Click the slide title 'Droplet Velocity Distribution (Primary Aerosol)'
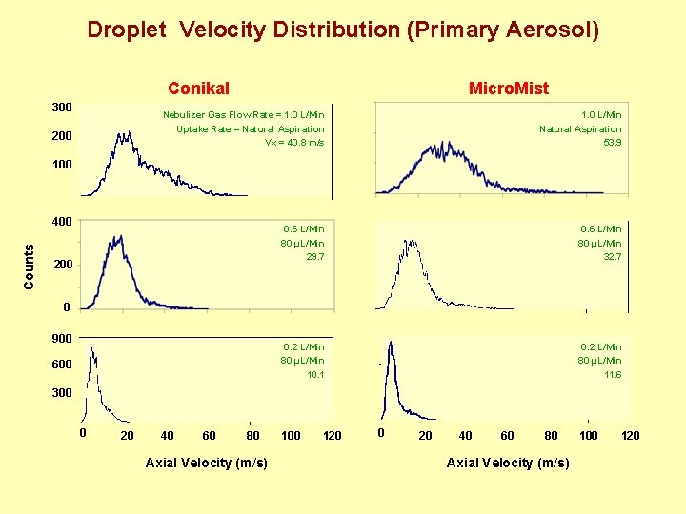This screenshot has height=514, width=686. point(343,30)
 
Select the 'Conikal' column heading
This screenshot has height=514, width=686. point(198,89)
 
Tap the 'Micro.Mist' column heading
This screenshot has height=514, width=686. point(508,89)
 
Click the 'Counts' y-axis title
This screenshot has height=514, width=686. point(29,267)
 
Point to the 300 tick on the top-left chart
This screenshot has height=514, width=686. point(62,107)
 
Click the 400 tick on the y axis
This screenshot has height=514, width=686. point(62,222)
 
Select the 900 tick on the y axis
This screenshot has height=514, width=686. point(62,338)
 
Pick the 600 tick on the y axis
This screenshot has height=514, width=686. point(62,365)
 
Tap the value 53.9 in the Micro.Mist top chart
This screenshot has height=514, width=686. point(612,143)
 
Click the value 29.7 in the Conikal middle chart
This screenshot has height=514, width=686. point(314,257)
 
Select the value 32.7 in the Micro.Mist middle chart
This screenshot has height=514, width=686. point(612,257)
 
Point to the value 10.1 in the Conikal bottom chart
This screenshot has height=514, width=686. point(314,374)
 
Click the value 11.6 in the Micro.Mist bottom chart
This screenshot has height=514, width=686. point(612,375)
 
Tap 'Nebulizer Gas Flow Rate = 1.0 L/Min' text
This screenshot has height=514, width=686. point(243,115)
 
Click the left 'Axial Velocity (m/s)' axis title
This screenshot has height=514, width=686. point(206,463)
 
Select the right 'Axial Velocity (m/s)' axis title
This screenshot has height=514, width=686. point(508,463)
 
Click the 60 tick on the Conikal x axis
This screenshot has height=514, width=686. point(209,436)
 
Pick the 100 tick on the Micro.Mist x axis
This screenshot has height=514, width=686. point(588,436)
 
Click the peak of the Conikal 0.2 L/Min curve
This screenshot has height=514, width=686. point(91,348)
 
